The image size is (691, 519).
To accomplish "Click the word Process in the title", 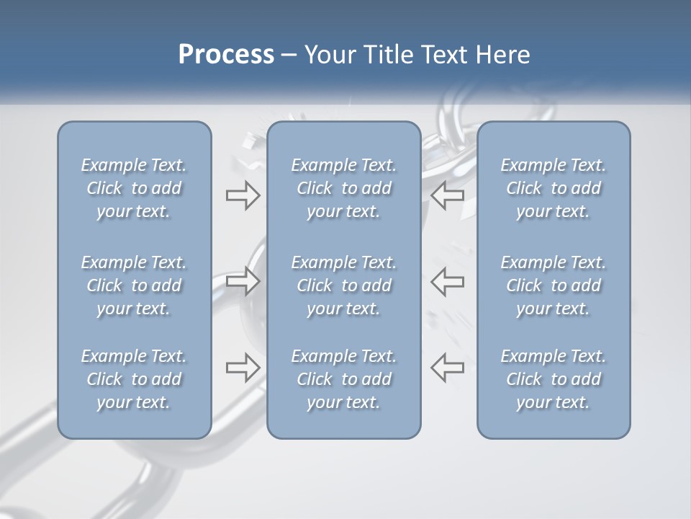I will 226,55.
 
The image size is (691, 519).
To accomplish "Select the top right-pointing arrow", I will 243,195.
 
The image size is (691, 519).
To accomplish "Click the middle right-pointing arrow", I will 243,280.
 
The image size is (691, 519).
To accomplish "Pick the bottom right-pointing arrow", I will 243,367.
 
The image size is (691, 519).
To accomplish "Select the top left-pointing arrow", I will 448,195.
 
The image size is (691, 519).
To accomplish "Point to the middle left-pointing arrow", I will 448,280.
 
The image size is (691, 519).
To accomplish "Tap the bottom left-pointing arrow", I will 448,367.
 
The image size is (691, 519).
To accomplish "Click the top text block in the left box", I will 134,188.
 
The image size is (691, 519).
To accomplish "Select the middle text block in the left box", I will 134,285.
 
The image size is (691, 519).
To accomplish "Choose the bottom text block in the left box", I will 134,379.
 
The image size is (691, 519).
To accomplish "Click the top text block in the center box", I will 344,188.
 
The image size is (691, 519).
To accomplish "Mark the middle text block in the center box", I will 344,285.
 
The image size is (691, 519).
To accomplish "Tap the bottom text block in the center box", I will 344,379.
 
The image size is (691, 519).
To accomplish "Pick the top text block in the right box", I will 554,188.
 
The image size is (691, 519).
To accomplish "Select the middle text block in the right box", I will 554,285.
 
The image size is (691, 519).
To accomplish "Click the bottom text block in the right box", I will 554,379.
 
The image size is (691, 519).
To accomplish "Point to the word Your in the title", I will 328,55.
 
